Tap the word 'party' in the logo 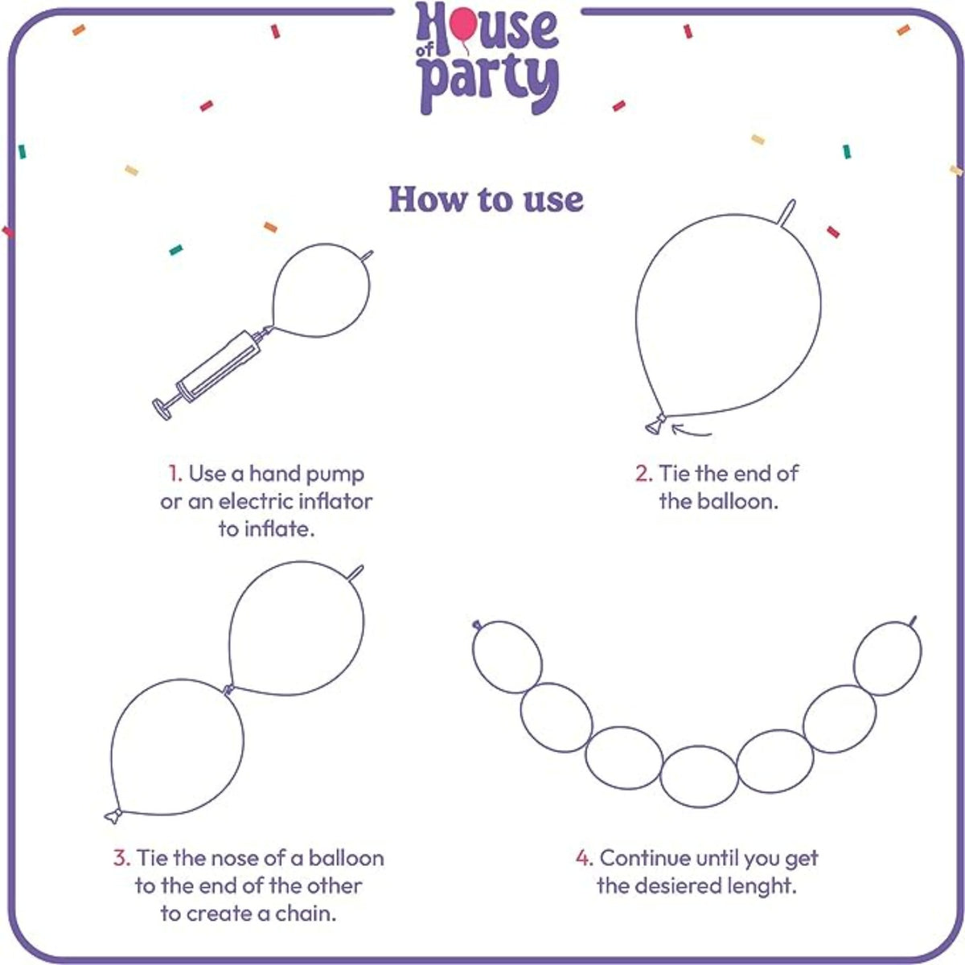(489, 83)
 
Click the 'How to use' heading (486, 199)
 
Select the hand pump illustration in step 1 (213, 372)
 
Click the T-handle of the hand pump (162, 409)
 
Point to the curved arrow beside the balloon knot (691, 431)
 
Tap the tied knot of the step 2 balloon (655, 425)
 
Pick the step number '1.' (175, 474)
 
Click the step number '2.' (644, 474)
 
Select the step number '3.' (121, 858)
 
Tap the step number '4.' (585, 858)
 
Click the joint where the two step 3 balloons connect (228, 689)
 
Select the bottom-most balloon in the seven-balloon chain (699, 777)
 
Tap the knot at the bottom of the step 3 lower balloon (113, 815)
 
